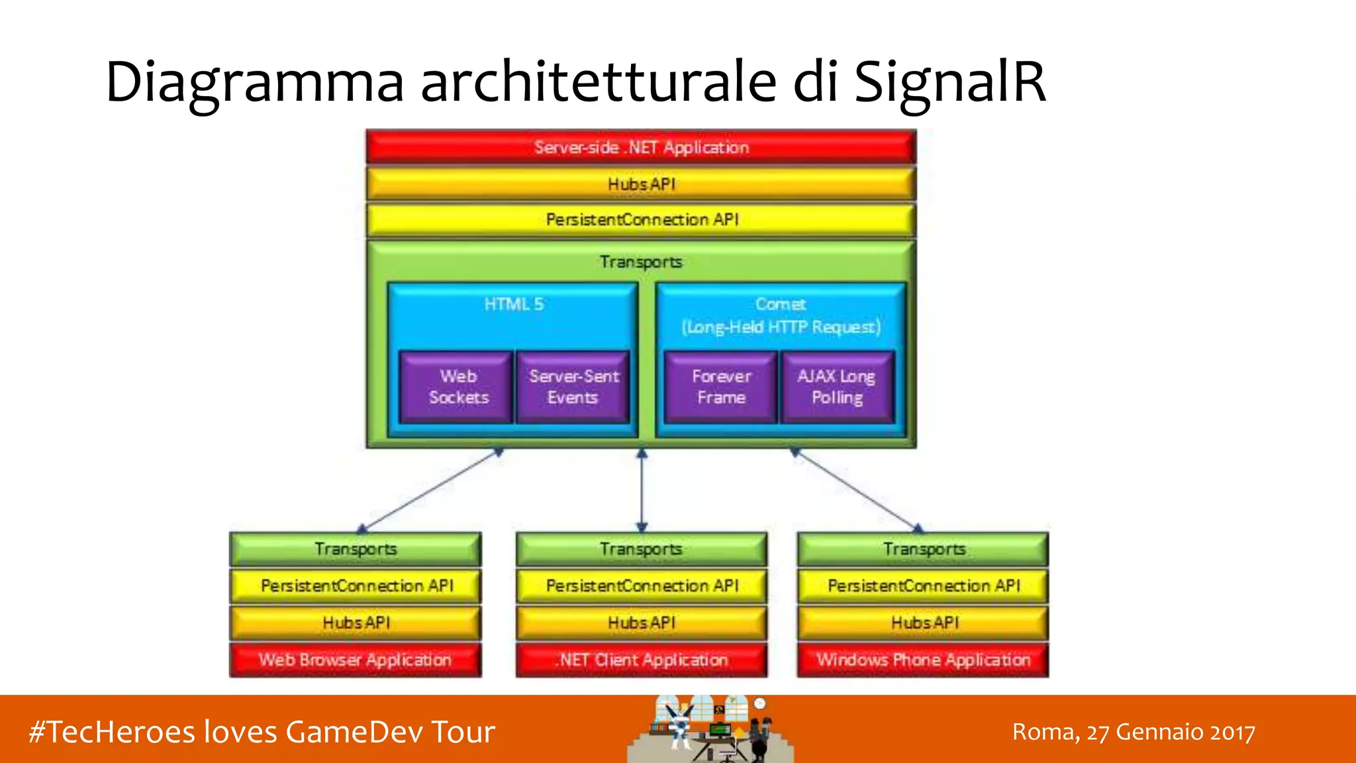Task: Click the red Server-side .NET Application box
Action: click(x=641, y=147)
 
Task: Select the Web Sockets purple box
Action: click(x=458, y=387)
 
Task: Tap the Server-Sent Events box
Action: click(x=573, y=387)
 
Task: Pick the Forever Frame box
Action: click(x=721, y=387)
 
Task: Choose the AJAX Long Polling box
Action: click(x=837, y=387)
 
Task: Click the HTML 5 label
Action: click(x=513, y=304)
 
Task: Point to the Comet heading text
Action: click(x=781, y=304)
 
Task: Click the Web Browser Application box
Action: click(x=356, y=660)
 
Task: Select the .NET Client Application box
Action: click(x=642, y=660)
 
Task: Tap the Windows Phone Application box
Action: click(x=923, y=660)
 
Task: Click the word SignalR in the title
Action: click(x=950, y=82)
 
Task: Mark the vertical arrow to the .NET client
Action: click(x=642, y=490)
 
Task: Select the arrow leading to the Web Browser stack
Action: click(x=430, y=490)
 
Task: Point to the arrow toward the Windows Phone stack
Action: click(x=857, y=490)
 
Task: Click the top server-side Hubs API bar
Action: click(x=641, y=184)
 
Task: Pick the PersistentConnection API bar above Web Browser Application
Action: click(x=356, y=586)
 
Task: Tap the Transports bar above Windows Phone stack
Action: click(x=923, y=549)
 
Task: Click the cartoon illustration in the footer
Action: click(x=710, y=729)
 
